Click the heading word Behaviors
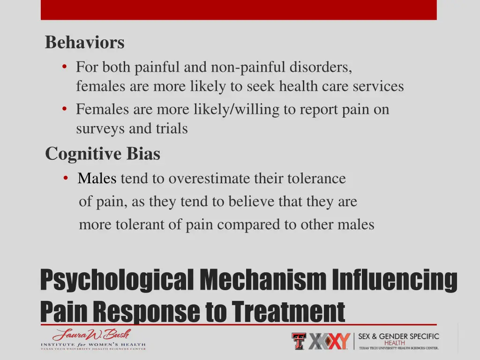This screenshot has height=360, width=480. (85, 43)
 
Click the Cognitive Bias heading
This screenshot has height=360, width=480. (103, 154)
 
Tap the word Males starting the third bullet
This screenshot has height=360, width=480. (97, 179)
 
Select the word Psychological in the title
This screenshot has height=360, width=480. (117, 280)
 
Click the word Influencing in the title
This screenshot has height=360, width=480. (395, 280)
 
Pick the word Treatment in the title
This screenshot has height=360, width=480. (288, 311)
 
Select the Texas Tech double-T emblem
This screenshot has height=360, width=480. (299, 341)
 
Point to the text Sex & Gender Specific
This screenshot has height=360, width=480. (399, 336)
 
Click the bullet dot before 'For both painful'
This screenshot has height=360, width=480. (64, 67)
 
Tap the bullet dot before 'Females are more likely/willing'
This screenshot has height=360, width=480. (64, 109)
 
